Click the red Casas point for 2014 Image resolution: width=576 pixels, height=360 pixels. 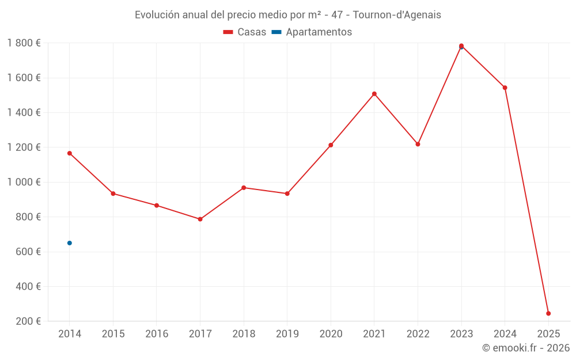[70, 153]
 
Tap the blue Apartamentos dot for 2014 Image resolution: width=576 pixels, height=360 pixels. [70, 243]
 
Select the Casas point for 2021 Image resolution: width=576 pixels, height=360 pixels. [374, 94]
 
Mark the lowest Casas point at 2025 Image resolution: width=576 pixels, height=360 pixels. [548, 313]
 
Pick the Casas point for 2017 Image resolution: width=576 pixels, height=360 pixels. [200, 219]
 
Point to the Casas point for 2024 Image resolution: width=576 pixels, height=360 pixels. [505, 88]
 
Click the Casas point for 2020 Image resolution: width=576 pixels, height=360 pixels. [331, 145]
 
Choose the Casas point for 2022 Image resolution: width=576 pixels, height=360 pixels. [418, 144]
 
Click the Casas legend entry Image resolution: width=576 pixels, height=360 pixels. [245, 32]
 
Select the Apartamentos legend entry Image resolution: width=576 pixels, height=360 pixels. [312, 32]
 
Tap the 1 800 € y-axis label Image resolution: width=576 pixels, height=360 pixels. [24, 43]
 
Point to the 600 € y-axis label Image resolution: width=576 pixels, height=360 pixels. [27, 252]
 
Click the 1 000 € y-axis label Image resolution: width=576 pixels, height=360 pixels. [24, 182]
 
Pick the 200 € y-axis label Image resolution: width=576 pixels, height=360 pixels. [27, 321]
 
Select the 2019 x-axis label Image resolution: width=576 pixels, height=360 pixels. [287, 334]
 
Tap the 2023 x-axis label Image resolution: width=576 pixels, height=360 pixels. [461, 334]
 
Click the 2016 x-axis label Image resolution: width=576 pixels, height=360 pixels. [157, 334]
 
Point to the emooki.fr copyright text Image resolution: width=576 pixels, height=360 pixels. [526, 348]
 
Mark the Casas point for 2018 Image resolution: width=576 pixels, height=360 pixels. [244, 188]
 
